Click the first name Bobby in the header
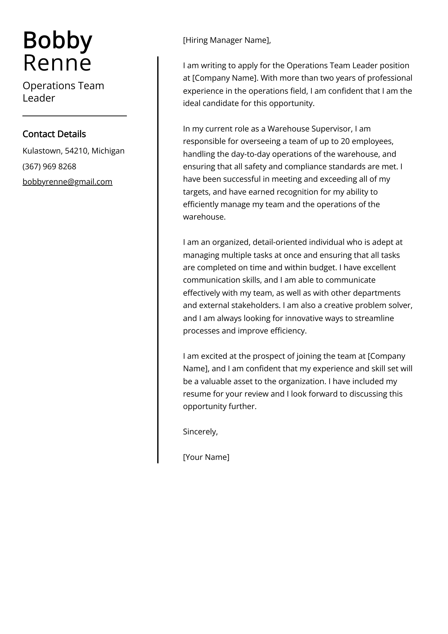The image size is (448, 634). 57,41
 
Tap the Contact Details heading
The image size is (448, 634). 54,134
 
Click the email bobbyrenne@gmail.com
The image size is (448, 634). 67,182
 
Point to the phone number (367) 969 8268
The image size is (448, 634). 49,167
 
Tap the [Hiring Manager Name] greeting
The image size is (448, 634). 227,40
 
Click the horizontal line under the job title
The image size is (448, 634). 74,116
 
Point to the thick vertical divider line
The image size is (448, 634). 158,259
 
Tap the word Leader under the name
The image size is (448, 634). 39,98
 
